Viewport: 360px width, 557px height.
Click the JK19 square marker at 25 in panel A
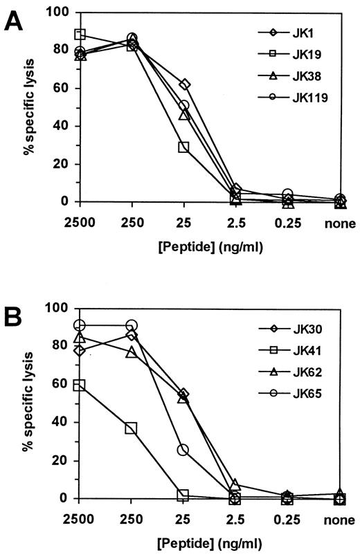[183, 147]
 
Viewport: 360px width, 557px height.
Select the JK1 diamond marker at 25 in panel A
[184, 84]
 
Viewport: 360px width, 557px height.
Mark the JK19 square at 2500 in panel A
[80, 35]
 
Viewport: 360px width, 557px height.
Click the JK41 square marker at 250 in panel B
[132, 428]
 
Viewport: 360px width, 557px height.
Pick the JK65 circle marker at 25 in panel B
[183, 450]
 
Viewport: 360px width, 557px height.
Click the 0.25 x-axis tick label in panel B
[287, 519]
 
